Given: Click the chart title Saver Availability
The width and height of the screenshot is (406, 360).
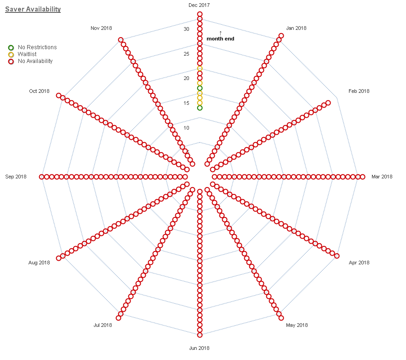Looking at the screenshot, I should click(33, 9).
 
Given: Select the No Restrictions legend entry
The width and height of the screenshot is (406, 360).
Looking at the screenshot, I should click(37, 47).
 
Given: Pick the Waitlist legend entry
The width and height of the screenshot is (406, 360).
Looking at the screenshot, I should click(27, 54).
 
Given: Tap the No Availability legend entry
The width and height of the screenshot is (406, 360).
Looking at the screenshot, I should click(35, 61).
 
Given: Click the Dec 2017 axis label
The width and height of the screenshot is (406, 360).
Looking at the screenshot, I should click(199, 5).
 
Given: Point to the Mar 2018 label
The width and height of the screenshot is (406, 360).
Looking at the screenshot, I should click(382, 177).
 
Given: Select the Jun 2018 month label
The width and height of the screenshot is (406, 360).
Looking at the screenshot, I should click(199, 348).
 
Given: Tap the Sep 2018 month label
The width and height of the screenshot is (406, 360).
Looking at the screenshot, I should click(16, 177).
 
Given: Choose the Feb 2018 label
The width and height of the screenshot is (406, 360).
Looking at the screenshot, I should click(359, 91).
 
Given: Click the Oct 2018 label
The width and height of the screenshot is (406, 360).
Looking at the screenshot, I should click(39, 91).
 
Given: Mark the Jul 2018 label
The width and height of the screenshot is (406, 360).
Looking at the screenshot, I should click(103, 325).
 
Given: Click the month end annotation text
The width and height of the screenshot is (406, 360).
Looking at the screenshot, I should click(220, 39).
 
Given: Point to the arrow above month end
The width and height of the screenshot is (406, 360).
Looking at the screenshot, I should click(220, 32).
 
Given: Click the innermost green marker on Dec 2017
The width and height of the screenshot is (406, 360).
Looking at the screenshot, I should click(200, 108).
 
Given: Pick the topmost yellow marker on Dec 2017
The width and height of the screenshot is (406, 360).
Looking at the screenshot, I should click(200, 69).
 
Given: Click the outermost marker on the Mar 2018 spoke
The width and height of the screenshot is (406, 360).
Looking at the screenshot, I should click(362, 177).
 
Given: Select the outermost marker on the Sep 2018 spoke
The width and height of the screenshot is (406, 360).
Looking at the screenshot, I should click(42, 177).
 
